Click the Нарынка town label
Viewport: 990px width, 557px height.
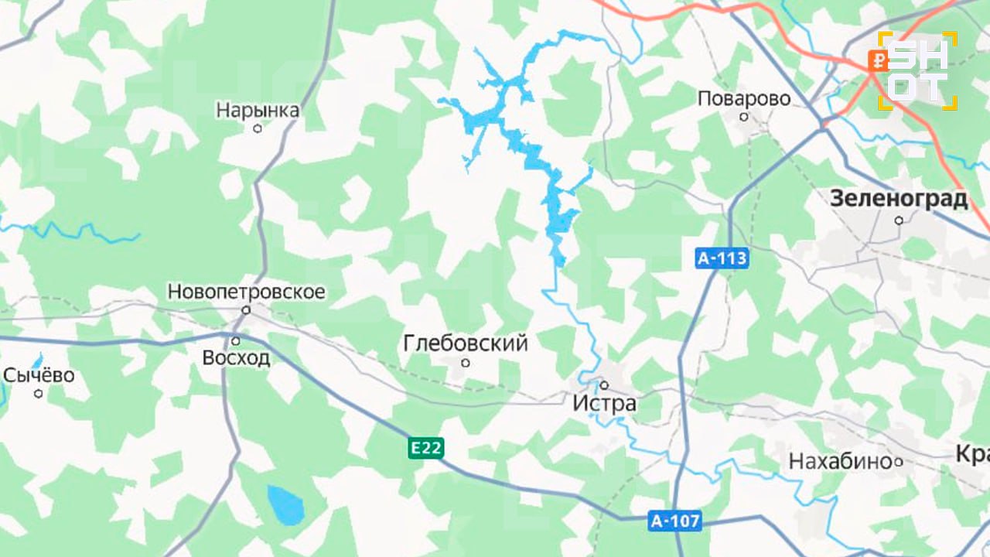point(258,111)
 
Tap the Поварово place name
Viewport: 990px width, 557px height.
point(744,99)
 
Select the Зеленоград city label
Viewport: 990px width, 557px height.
point(899,199)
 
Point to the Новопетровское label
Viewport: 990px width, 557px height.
point(247,292)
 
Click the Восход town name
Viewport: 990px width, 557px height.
point(236,358)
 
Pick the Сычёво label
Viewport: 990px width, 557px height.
point(39,376)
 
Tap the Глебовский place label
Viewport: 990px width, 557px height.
point(466,343)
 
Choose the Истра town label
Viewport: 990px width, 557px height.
point(605,403)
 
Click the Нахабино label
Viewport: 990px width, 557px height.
point(840,462)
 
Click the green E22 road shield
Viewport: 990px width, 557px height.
point(426,448)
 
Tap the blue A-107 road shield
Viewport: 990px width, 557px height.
point(674,522)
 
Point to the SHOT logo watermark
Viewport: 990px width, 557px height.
point(920,70)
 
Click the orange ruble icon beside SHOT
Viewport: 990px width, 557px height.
point(878,60)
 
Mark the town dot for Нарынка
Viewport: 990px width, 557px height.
point(258,128)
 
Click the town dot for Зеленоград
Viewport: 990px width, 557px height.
point(899,220)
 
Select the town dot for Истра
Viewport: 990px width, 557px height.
point(605,384)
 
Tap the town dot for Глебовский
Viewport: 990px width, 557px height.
point(466,362)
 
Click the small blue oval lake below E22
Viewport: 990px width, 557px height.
point(285,504)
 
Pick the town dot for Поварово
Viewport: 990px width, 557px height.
point(744,117)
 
